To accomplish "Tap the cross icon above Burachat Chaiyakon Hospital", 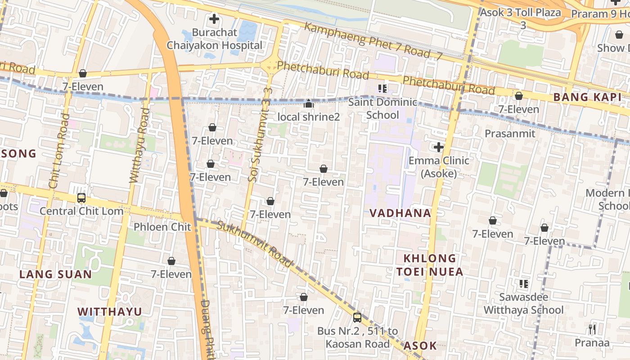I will click(214, 19).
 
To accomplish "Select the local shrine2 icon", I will click(308, 104).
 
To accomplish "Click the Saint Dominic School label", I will click(382, 108).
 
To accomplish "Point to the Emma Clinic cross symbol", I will click(438, 147).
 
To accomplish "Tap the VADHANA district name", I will click(400, 213).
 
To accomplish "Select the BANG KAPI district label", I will click(587, 97).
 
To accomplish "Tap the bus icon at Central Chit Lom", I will click(81, 198).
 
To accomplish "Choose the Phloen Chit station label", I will click(162, 227).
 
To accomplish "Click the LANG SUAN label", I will click(55, 274).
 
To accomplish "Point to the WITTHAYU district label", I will click(109, 311).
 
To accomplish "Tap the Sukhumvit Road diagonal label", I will click(255, 244).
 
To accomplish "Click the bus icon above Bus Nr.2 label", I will click(357, 318).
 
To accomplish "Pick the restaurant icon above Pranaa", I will click(592, 329).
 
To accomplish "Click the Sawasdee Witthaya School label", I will click(523, 304).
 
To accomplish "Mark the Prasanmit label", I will click(510, 133).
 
